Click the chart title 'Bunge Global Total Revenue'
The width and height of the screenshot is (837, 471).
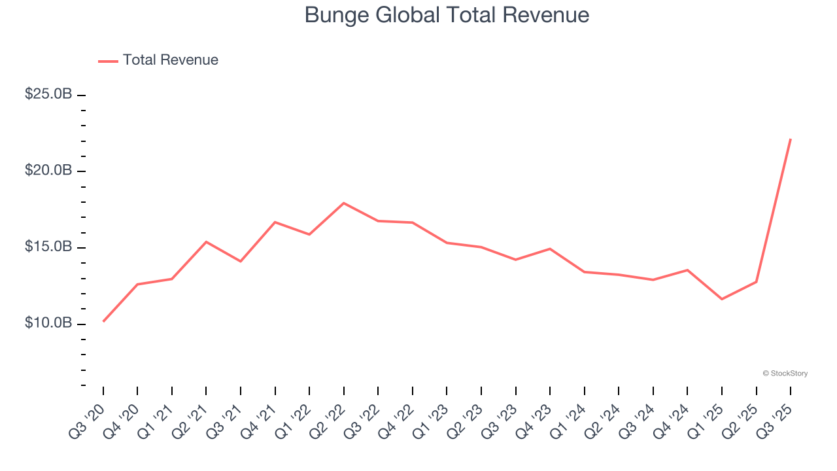tap(447, 15)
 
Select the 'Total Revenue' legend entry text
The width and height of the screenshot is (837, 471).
tap(170, 60)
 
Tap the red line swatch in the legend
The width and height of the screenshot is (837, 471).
tap(108, 61)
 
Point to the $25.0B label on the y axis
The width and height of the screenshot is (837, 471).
tap(48, 94)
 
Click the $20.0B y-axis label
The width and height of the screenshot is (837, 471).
tap(48, 171)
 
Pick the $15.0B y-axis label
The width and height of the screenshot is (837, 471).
tap(48, 247)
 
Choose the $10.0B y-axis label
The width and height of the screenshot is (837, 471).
tap(48, 324)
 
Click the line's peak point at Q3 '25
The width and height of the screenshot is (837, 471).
tap(791, 139)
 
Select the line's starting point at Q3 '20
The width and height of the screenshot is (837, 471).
tap(103, 321)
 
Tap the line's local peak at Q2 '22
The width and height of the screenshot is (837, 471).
tap(344, 203)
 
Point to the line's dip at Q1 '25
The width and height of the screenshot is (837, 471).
tap(722, 299)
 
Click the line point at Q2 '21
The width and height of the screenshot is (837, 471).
tap(206, 242)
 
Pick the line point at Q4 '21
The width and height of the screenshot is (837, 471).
tap(275, 222)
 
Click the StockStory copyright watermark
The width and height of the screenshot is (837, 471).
tap(785, 374)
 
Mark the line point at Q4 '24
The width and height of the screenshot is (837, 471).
tap(687, 270)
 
